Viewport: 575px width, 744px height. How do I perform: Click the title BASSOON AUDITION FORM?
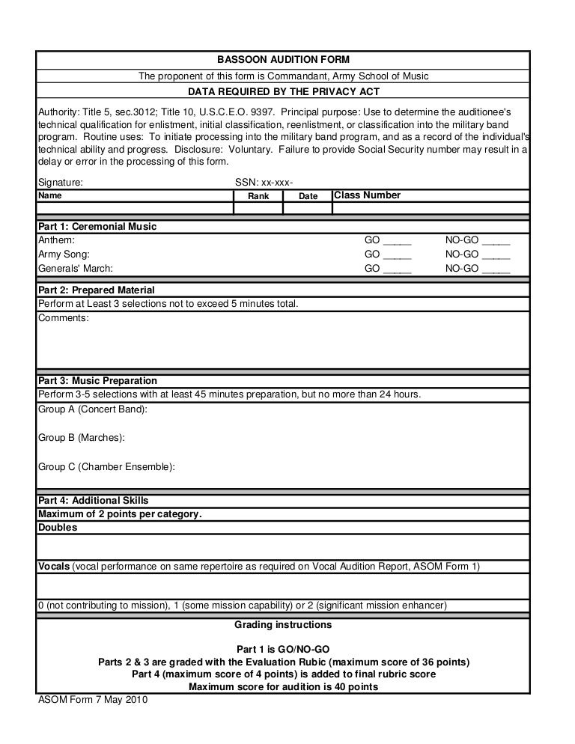(x=283, y=59)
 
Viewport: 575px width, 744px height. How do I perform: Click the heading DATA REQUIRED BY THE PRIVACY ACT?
(x=283, y=91)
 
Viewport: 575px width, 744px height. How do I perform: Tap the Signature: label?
(x=61, y=182)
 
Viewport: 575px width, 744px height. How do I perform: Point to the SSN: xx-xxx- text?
(x=264, y=182)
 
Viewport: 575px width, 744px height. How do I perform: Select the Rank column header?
(x=258, y=196)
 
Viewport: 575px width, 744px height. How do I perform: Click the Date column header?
(x=308, y=196)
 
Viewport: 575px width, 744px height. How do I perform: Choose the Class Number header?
(x=367, y=195)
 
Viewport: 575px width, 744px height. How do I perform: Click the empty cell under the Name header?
(x=136, y=208)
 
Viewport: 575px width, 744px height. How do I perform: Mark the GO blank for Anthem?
(x=397, y=241)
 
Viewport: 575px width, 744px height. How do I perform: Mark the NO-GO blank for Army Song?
(x=496, y=255)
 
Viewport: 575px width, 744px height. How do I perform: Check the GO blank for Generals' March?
(x=397, y=269)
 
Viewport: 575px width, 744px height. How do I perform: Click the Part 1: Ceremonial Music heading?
(x=97, y=227)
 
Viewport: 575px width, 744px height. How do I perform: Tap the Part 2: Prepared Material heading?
(x=96, y=290)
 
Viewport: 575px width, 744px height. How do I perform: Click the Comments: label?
(x=63, y=318)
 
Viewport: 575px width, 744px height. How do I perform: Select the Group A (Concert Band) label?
(x=92, y=409)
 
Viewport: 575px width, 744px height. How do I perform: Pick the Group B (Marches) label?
(x=81, y=437)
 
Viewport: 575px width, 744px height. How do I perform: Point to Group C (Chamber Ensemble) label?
(x=106, y=466)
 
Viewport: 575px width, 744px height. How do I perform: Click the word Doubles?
(x=58, y=527)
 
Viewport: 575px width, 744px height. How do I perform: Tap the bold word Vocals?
(x=54, y=566)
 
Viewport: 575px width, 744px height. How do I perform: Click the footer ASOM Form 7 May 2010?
(x=93, y=701)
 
